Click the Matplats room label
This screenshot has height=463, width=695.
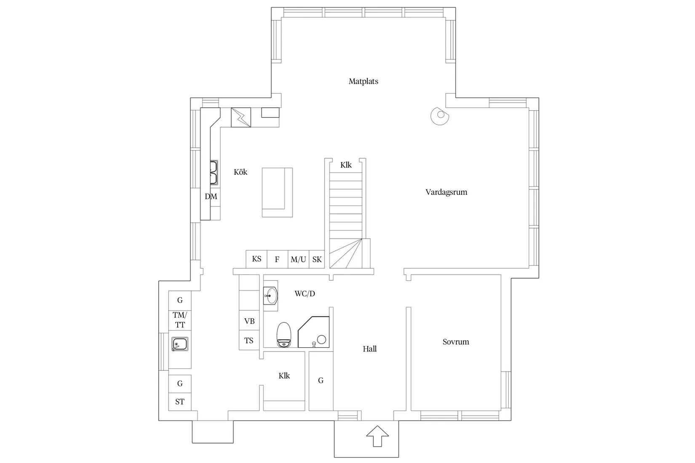363,81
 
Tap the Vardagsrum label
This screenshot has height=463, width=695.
446,192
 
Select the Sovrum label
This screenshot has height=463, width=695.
455,342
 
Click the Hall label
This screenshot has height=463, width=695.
369,349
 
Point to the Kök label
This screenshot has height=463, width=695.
241,172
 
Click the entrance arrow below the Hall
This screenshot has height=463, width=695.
377,436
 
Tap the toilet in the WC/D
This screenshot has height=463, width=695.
284,335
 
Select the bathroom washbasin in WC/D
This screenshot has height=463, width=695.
270,295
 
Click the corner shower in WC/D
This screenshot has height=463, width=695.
314,332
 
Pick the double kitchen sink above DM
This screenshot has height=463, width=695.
214,173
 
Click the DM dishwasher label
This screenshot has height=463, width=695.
211,197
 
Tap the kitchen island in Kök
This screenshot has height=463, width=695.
277,192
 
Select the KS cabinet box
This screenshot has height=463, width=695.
257,259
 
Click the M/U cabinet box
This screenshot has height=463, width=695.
298,259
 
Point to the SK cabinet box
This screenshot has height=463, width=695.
317,259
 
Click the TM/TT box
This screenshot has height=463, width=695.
180,320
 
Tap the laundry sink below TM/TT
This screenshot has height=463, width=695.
180,344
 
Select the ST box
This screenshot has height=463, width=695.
180,402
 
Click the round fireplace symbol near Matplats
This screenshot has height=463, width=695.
439,115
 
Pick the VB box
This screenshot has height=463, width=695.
249,321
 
